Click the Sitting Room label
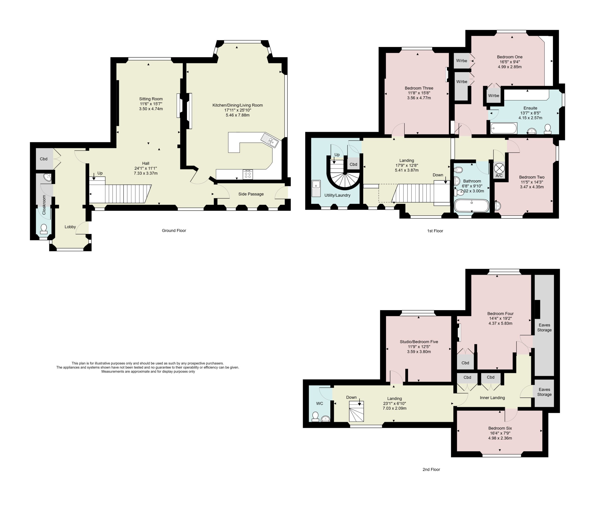tap(151, 99)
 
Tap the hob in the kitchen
tap(248, 174)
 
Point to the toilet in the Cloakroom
tap(43, 229)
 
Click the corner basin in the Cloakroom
tap(48, 178)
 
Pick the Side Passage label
tap(251, 194)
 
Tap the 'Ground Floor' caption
tap(174, 231)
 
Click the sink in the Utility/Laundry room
tap(316, 188)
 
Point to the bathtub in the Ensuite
tap(504, 128)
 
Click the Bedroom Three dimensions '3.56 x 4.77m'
tap(419, 98)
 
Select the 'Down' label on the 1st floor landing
tap(438, 175)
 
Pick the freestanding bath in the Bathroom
tap(472, 205)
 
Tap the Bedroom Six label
tap(500, 428)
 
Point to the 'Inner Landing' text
tap(492, 398)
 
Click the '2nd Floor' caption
tap(431, 469)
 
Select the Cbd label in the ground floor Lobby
tap(43, 159)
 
